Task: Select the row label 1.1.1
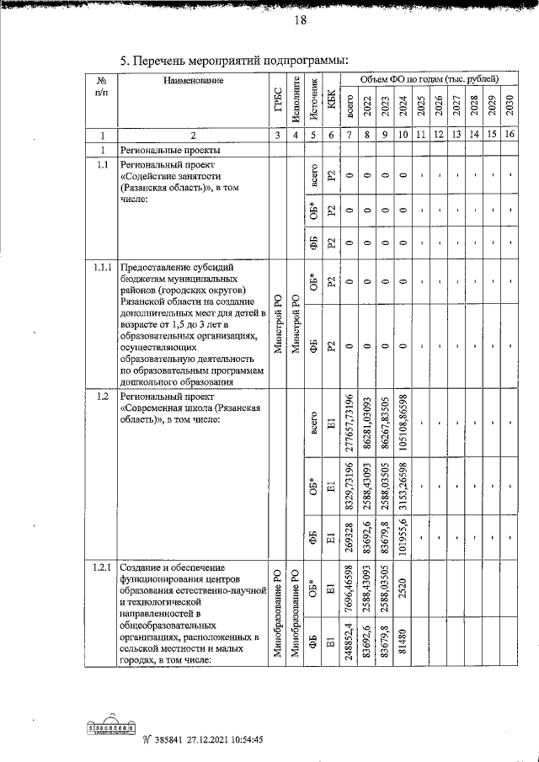click(x=103, y=268)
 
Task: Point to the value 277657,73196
click(x=350, y=430)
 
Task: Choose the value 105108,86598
click(x=403, y=430)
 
